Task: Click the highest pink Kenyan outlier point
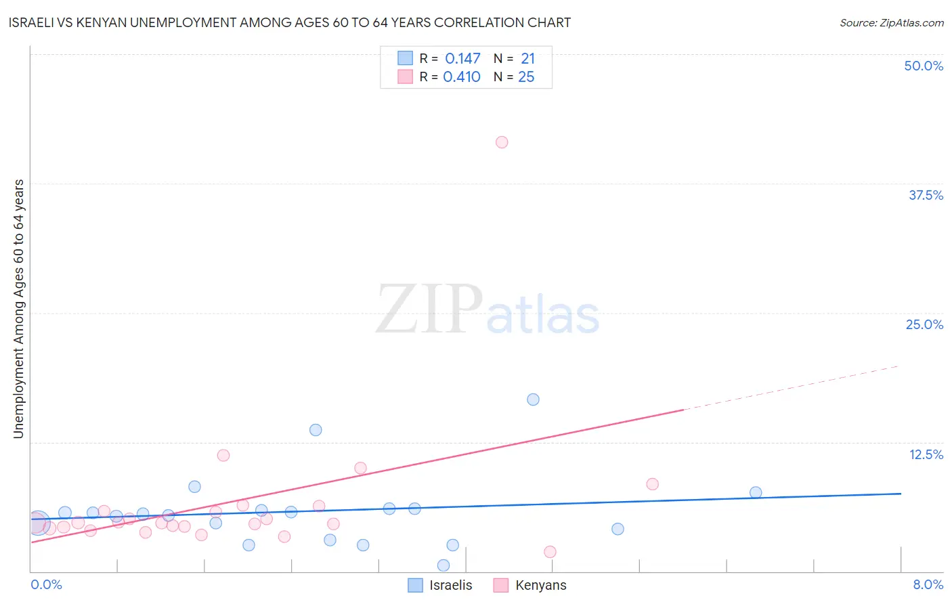(x=502, y=142)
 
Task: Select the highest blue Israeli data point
(x=533, y=400)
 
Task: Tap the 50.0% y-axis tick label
(x=924, y=66)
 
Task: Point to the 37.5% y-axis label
(x=926, y=195)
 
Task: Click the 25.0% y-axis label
(x=924, y=324)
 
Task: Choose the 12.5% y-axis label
(x=926, y=454)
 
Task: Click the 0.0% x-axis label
(x=47, y=584)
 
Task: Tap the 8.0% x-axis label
(x=928, y=584)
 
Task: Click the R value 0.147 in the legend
(x=462, y=59)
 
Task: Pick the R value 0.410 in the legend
(x=462, y=77)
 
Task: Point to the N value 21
(x=527, y=59)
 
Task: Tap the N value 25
(x=526, y=77)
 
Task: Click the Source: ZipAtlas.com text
(x=891, y=23)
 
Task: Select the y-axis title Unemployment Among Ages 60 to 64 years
(x=19, y=309)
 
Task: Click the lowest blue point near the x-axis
(x=443, y=565)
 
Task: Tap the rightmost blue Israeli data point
(x=756, y=493)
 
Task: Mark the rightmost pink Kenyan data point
(x=652, y=484)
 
